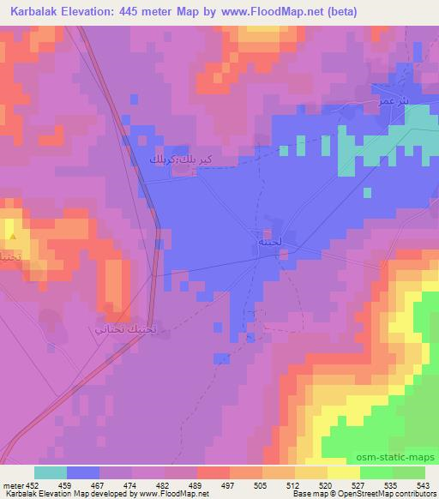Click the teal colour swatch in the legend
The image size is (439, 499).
click(51, 472)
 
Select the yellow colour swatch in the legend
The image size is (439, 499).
click(343, 472)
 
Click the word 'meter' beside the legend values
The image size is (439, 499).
click(13, 484)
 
